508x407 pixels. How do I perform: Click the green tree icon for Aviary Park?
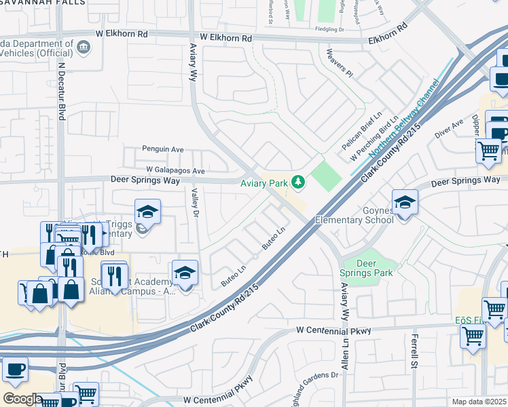(297, 181)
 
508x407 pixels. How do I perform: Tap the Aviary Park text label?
(265, 182)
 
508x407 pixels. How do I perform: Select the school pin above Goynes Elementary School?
(405, 202)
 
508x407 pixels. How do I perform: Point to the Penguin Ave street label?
(162, 149)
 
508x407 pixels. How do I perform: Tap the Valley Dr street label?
(194, 203)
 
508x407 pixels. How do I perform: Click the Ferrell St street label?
(412, 351)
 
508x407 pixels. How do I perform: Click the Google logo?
(22, 399)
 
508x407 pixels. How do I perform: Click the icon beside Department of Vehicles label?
(83, 47)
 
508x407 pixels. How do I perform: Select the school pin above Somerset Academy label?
(184, 273)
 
